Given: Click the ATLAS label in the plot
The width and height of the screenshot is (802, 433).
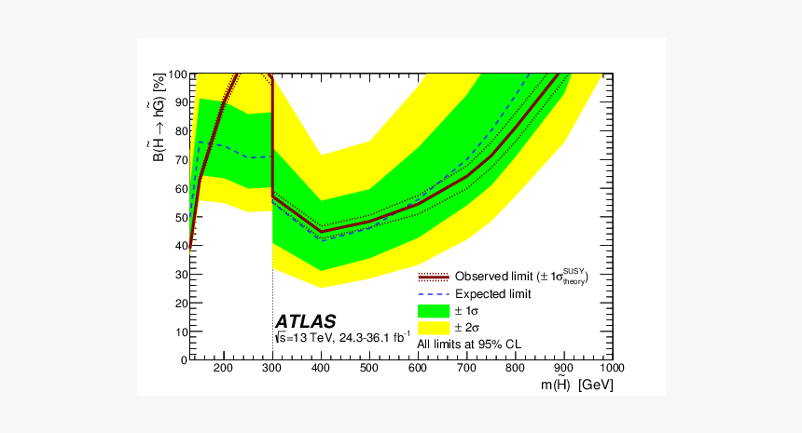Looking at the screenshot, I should coord(305,321).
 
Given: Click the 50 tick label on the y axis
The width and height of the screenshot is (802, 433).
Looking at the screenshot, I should coord(177,217).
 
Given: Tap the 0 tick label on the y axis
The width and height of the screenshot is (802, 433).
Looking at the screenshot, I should coord(182,359).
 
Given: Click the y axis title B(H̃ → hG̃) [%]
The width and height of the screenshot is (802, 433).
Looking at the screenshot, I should coord(159,118).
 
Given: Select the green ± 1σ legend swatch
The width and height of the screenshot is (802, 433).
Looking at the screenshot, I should coord(434,310).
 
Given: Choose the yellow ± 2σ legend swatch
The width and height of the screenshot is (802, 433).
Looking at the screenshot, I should coord(434,327).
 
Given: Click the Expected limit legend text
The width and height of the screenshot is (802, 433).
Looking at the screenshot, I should coord(493,293).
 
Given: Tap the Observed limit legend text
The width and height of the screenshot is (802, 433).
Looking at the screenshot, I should coord(521,277).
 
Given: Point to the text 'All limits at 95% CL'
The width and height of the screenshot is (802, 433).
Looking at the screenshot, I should coord(469,344).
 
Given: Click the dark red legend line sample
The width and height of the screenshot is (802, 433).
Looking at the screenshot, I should coord(434,277).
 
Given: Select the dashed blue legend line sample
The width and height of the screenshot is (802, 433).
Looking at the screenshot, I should coord(434,293).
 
